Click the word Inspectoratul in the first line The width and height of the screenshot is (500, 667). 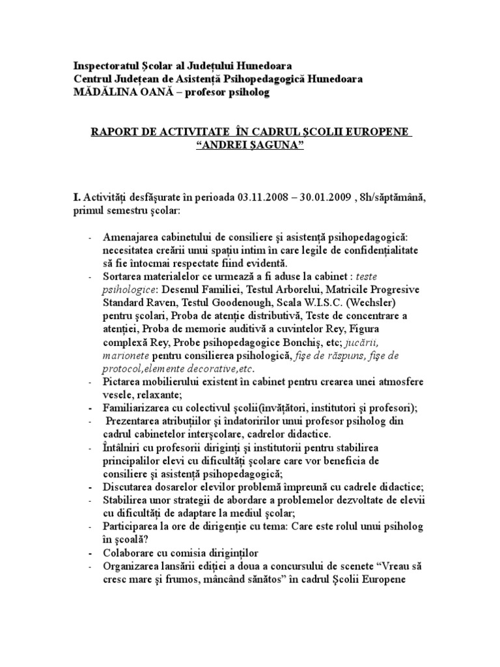point(105,66)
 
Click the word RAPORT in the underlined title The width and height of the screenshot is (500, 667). point(114,133)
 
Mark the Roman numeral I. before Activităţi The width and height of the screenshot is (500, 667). point(76,197)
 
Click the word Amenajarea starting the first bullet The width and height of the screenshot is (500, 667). point(130,238)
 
